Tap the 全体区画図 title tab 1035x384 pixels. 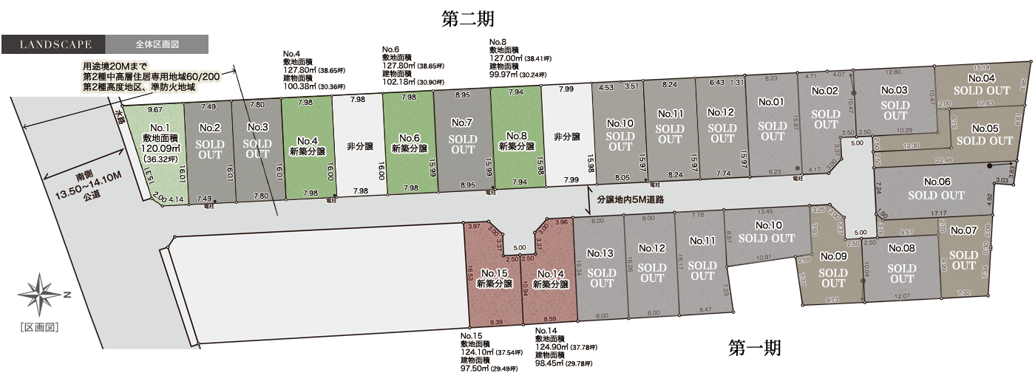[x=157, y=44]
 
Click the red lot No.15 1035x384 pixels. [x=494, y=277]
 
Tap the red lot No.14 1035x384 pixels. [x=549, y=278]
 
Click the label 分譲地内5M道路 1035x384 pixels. [x=629, y=200]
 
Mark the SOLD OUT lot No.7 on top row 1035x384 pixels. [x=463, y=136]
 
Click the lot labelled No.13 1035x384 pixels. [x=602, y=267]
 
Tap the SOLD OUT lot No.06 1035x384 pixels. [x=936, y=188]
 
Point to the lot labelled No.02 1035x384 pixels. [x=825, y=109]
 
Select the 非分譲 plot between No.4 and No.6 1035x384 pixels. [x=359, y=146]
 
